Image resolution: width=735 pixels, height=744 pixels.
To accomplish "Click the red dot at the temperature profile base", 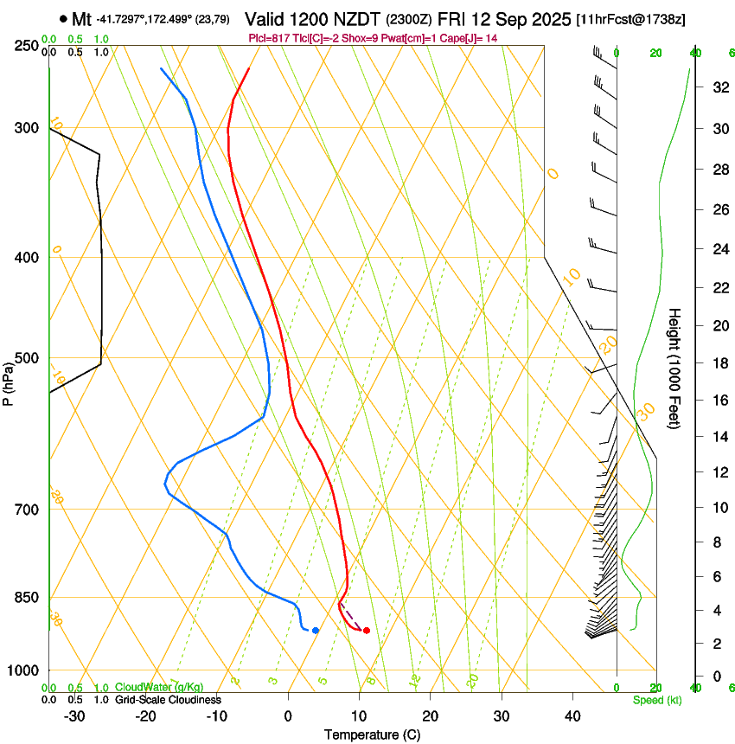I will click(367, 631).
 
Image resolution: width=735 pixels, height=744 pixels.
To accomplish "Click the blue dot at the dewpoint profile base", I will click(316, 631).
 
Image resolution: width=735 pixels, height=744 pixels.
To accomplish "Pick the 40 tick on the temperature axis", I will click(572, 716).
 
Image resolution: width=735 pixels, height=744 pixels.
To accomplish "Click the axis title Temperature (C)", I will click(372, 734).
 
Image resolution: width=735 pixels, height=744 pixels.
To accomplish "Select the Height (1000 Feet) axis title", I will click(674, 369).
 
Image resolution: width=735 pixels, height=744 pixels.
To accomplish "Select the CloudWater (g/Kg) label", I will click(159, 687).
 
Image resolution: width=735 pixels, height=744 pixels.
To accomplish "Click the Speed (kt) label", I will click(656, 700).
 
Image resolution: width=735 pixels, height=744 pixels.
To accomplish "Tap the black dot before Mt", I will click(64, 19).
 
